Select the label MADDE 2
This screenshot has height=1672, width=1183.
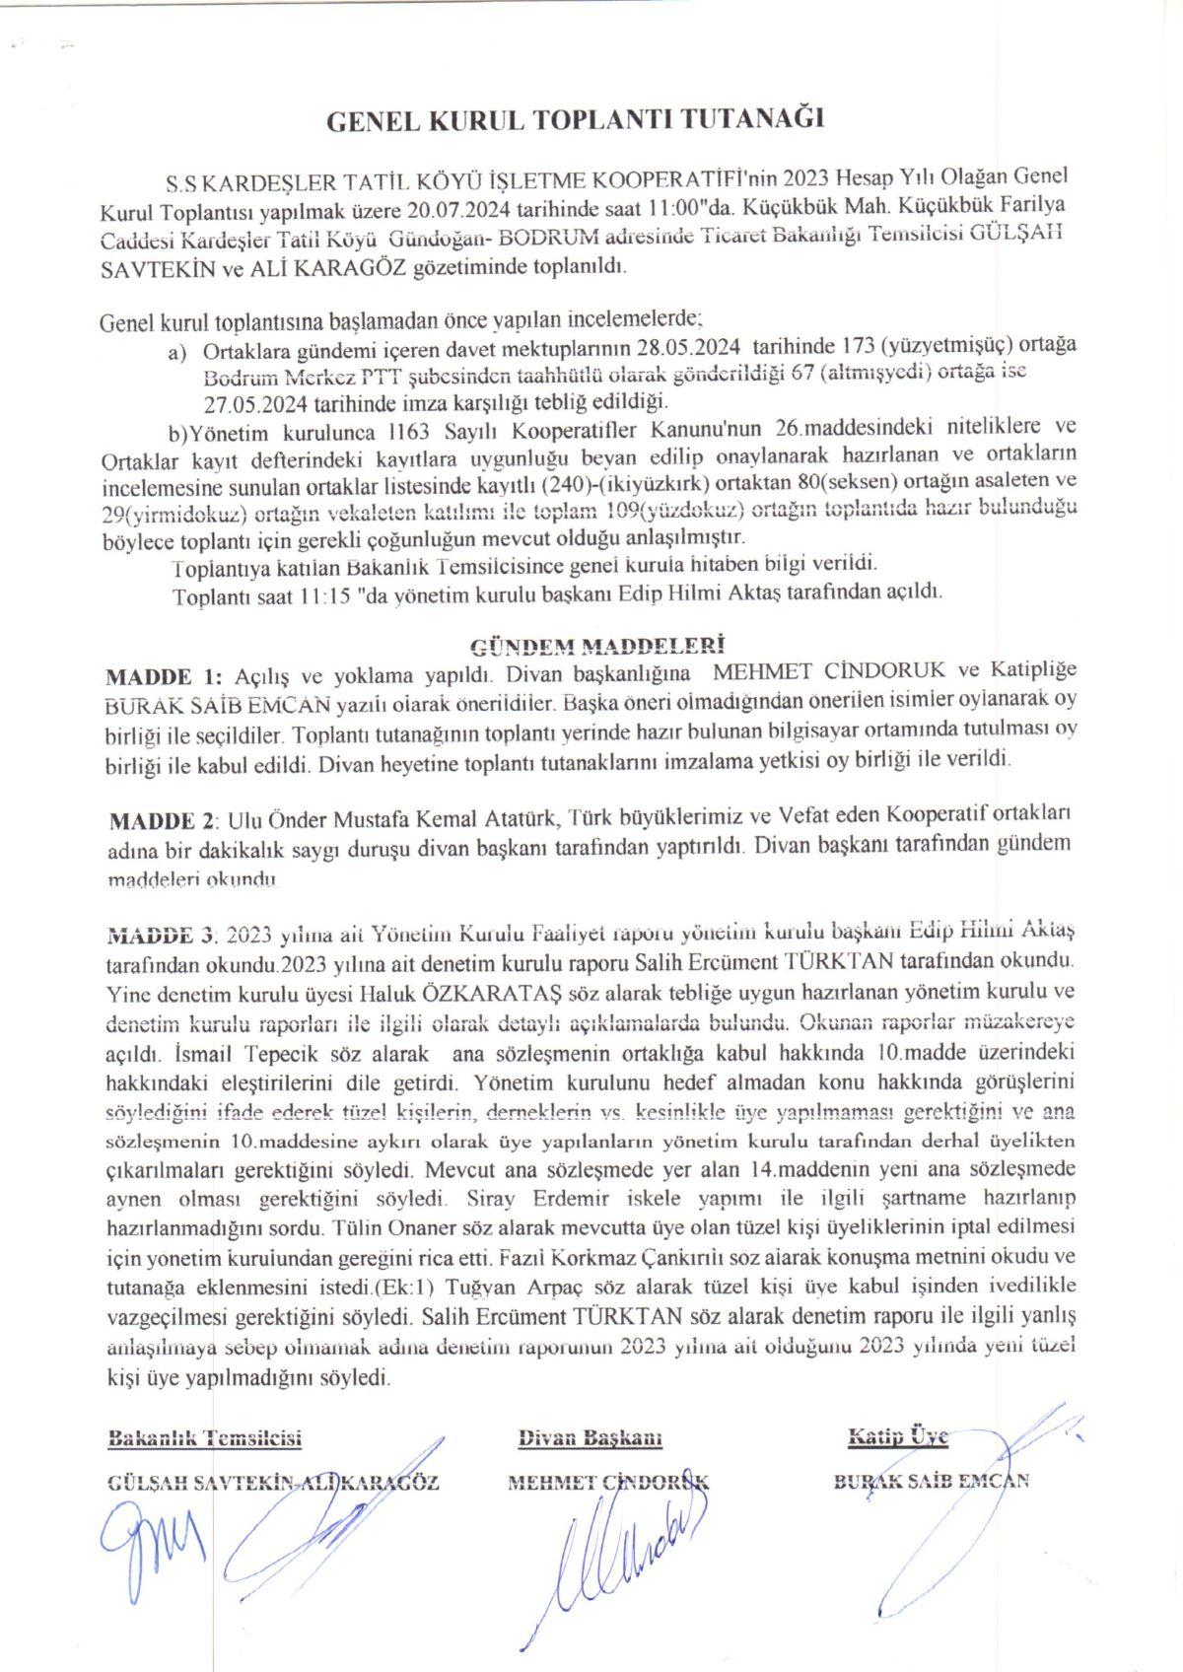(163, 819)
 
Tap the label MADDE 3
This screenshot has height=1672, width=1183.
(161, 932)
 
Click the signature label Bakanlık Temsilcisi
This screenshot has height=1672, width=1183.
(204, 1437)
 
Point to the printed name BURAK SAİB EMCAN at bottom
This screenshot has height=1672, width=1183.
(932, 1481)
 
